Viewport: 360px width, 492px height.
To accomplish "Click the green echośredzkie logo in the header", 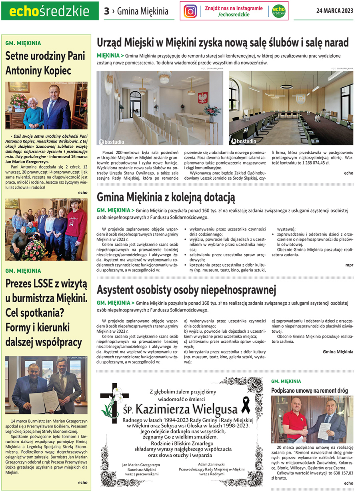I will pyautogui.click(x=50, y=11).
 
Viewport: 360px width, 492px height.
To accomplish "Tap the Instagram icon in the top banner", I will pyautogui.click(x=190, y=11).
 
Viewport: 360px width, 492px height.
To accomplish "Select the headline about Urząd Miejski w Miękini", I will pyautogui.click(x=223, y=42).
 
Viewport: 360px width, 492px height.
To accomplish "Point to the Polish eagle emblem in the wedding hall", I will pyautogui.click(x=203, y=97).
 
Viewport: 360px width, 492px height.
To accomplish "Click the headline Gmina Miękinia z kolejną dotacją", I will pyautogui.click(x=166, y=197).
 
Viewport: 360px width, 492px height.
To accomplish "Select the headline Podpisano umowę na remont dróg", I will pyautogui.click(x=309, y=390).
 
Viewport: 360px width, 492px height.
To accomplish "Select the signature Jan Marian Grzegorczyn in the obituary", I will pyautogui.click(x=141, y=465).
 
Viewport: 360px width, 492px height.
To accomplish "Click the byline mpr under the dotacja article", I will pyautogui.click(x=349, y=265).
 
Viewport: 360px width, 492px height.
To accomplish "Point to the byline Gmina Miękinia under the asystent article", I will pyautogui.click(x=338, y=351).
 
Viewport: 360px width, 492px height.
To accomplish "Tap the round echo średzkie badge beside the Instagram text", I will pyautogui.click(x=278, y=11).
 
